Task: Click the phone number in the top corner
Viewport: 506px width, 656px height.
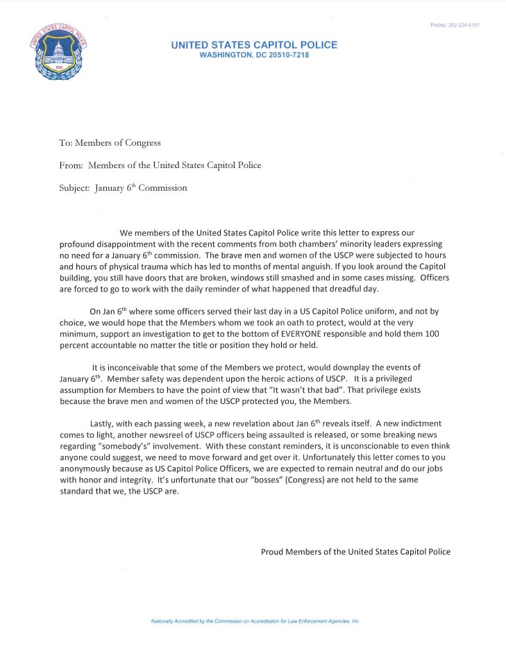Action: coord(455,25)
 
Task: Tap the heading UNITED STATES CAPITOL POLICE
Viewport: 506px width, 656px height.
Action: coord(254,45)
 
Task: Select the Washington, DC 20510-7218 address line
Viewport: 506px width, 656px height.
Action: coord(254,55)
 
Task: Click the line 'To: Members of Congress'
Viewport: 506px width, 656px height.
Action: coord(110,143)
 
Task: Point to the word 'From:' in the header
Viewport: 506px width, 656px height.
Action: coord(72,165)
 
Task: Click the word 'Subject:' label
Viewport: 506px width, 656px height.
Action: coord(74,188)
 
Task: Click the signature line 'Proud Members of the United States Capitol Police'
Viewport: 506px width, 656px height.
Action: coord(355,552)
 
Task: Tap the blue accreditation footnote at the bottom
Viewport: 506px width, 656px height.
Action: coord(255,621)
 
